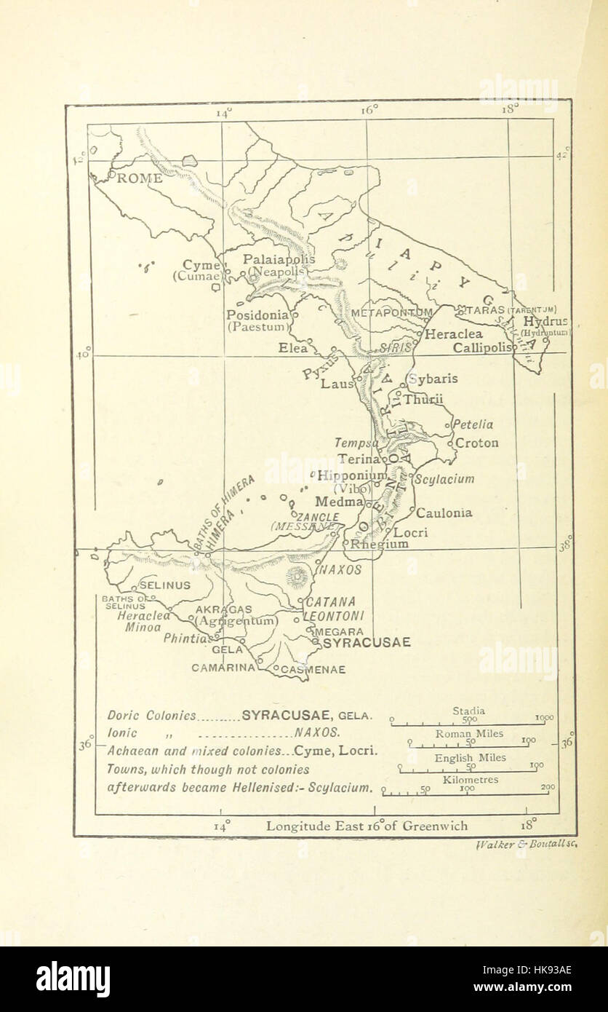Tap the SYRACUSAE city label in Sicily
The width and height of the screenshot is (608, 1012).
click(x=367, y=643)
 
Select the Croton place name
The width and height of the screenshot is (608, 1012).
click(x=477, y=443)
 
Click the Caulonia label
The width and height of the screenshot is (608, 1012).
click(x=444, y=513)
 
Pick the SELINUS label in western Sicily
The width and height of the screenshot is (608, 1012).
click(x=164, y=585)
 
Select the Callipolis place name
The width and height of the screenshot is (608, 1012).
click(x=481, y=348)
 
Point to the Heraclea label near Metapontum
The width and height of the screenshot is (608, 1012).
click(x=454, y=335)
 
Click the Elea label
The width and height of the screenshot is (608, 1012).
click(x=293, y=348)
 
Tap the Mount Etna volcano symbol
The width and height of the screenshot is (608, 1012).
click(x=297, y=578)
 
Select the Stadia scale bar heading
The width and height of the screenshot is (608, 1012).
click(x=469, y=711)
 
